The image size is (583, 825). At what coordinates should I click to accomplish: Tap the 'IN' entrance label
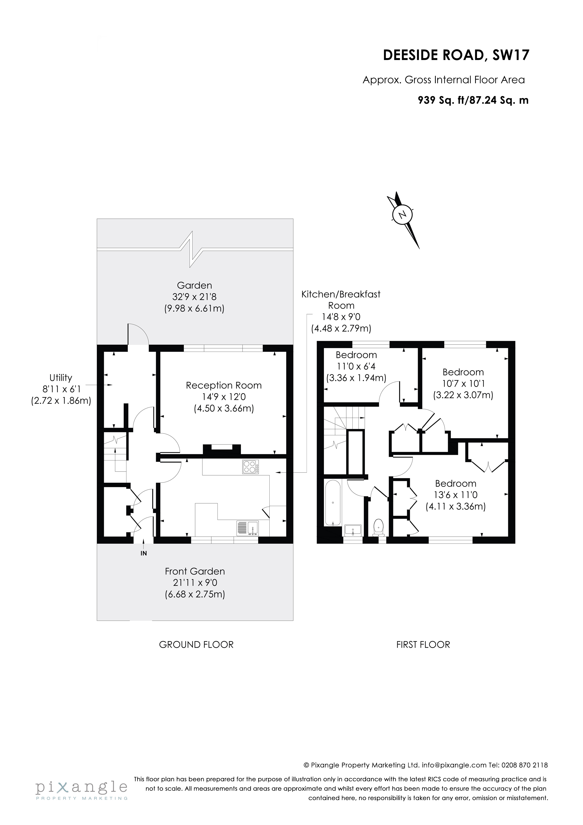144,553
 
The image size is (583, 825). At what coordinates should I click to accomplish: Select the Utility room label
61,378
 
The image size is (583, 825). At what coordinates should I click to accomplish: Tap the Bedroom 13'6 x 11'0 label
456,484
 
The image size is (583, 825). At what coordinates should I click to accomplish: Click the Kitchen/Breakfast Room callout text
341,300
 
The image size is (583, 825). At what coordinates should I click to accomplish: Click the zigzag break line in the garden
192,249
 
